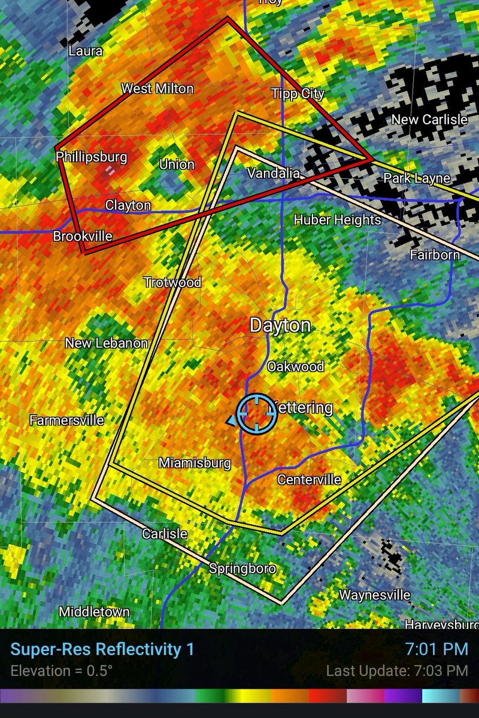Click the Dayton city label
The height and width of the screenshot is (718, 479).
tap(280, 325)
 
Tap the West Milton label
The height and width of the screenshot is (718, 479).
tap(157, 89)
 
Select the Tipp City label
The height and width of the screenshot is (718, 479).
tap(298, 93)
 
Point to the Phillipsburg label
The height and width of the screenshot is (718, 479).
tap(92, 157)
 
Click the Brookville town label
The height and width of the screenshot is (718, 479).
tap(83, 236)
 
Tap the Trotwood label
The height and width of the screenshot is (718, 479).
tap(172, 282)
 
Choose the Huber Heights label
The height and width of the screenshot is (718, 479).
tap(337, 220)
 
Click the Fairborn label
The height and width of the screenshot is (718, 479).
tap(435, 254)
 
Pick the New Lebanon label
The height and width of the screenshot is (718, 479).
tap(107, 343)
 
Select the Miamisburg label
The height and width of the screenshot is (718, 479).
tap(195, 463)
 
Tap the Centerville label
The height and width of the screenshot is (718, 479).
tap(309, 479)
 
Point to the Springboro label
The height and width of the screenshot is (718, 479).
tap(242, 568)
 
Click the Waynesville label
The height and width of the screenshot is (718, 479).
tap(375, 595)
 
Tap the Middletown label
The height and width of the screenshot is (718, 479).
tap(94, 611)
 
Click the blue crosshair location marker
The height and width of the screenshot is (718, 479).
tap(257, 413)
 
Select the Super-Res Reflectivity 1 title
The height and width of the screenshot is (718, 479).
tap(102, 649)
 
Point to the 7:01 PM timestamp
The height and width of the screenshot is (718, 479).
tap(436, 649)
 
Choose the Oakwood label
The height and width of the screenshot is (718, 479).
tap(295, 366)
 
